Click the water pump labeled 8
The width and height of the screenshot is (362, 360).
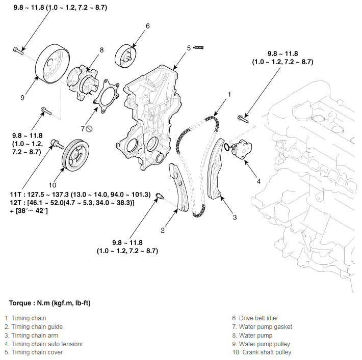(x=84, y=81)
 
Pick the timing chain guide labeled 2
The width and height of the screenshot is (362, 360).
(x=178, y=188)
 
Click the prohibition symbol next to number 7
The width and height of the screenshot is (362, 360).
(x=89, y=128)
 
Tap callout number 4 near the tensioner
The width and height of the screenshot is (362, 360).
(x=258, y=181)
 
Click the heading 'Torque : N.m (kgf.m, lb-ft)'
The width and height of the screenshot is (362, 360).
(x=50, y=303)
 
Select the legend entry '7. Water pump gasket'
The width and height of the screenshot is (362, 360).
(x=262, y=327)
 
